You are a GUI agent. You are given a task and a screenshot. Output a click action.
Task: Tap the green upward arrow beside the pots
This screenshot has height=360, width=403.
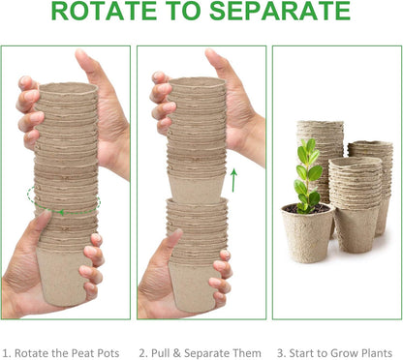pos(232,179)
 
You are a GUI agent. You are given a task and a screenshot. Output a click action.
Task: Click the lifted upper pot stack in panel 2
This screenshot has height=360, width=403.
pos(197,135)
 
